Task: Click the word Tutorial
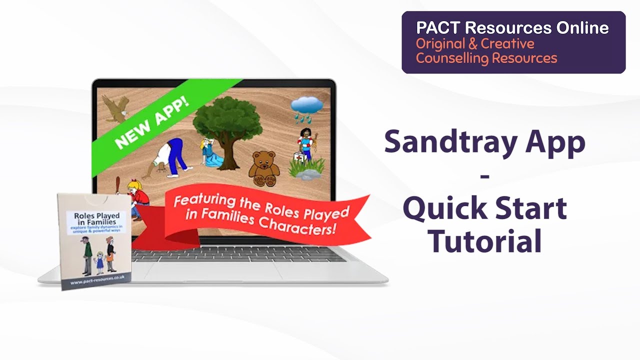485,241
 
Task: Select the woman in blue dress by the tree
210,155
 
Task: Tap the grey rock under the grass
308,174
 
